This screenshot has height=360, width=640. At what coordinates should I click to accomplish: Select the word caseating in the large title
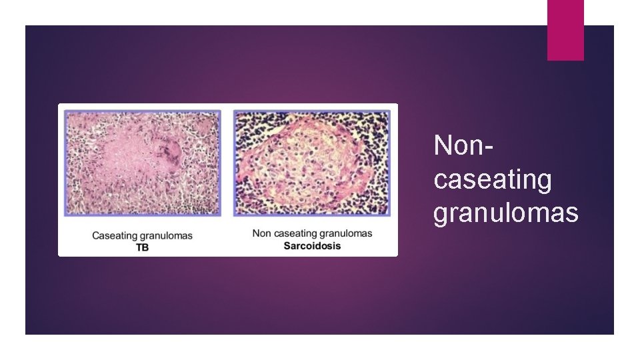(x=492, y=180)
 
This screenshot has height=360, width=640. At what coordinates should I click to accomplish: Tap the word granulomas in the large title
(x=505, y=213)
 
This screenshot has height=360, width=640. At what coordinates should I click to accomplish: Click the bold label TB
(x=142, y=247)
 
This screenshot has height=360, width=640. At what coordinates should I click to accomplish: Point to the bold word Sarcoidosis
(x=312, y=245)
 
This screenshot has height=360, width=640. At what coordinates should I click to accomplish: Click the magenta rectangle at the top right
(x=565, y=29)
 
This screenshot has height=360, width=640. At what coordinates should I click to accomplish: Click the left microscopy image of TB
(x=142, y=163)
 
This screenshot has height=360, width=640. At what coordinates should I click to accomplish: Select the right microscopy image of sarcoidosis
(x=311, y=163)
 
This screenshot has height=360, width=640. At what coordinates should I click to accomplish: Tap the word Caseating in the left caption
(x=113, y=235)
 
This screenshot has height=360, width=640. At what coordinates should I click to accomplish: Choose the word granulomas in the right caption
(x=346, y=233)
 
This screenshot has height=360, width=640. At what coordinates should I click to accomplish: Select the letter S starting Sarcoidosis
(x=287, y=245)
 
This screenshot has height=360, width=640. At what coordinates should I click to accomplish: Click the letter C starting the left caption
(x=95, y=235)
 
